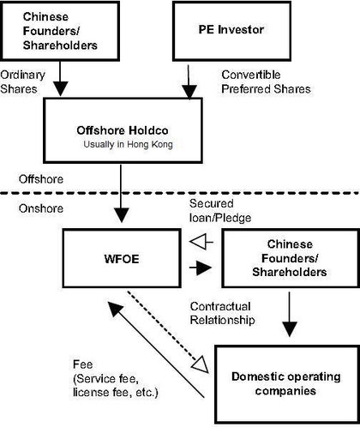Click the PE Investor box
click(x=231, y=31)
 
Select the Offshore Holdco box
click(x=123, y=130)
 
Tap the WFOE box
click(x=122, y=258)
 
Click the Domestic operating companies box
click(x=287, y=384)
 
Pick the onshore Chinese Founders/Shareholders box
click(x=291, y=258)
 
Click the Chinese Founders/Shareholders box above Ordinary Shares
click(x=60, y=31)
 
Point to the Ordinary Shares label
click(x=22, y=82)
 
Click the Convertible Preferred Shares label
click(x=266, y=82)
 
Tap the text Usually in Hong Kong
click(x=128, y=144)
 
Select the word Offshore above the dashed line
click(x=41, y=179)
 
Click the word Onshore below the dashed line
click(x=41, y=208)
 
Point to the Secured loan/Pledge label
click(x=220, y=211)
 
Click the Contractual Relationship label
click(x=223, y=313)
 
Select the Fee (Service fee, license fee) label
click(x=116, y=378)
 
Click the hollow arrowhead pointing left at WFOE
click(x=198, y=242)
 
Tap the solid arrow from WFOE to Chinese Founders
click(x=201, y=268)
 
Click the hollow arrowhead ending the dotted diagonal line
click(x=201, y=364)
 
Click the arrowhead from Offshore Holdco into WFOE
click(x=121, y=215)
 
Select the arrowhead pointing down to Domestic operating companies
click(x=290, y=329)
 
